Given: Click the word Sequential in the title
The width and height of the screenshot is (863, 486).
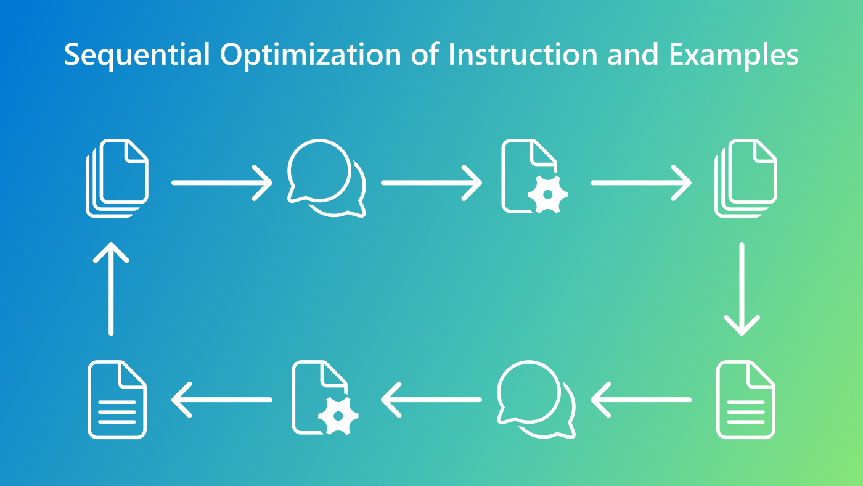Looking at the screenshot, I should point(137,56).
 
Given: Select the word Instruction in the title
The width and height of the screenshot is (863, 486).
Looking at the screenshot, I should point(523,54).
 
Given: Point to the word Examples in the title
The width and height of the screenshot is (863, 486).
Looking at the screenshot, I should point(734,56).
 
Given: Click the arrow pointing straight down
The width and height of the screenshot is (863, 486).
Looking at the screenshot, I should point(741,289).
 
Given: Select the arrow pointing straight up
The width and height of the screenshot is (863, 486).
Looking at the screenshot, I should point(111,289).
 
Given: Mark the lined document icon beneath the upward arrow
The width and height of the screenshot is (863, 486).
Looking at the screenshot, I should point(117,400).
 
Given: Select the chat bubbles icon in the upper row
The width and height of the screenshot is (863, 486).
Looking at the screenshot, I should point(326,178).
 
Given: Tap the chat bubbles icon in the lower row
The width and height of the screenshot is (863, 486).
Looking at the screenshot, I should point(536,400).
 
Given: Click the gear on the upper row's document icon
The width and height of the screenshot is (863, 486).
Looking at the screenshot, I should point(547,194).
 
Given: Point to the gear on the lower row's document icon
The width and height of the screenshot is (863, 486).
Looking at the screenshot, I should point(338,415).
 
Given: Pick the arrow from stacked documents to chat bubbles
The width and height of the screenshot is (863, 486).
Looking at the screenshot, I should point(222,183).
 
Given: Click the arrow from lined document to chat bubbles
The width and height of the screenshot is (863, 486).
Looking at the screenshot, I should point(641,400).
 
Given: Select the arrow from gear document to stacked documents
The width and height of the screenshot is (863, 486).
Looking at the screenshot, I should point(641,183).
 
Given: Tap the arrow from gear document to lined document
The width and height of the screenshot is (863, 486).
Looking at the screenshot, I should point(222,400).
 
